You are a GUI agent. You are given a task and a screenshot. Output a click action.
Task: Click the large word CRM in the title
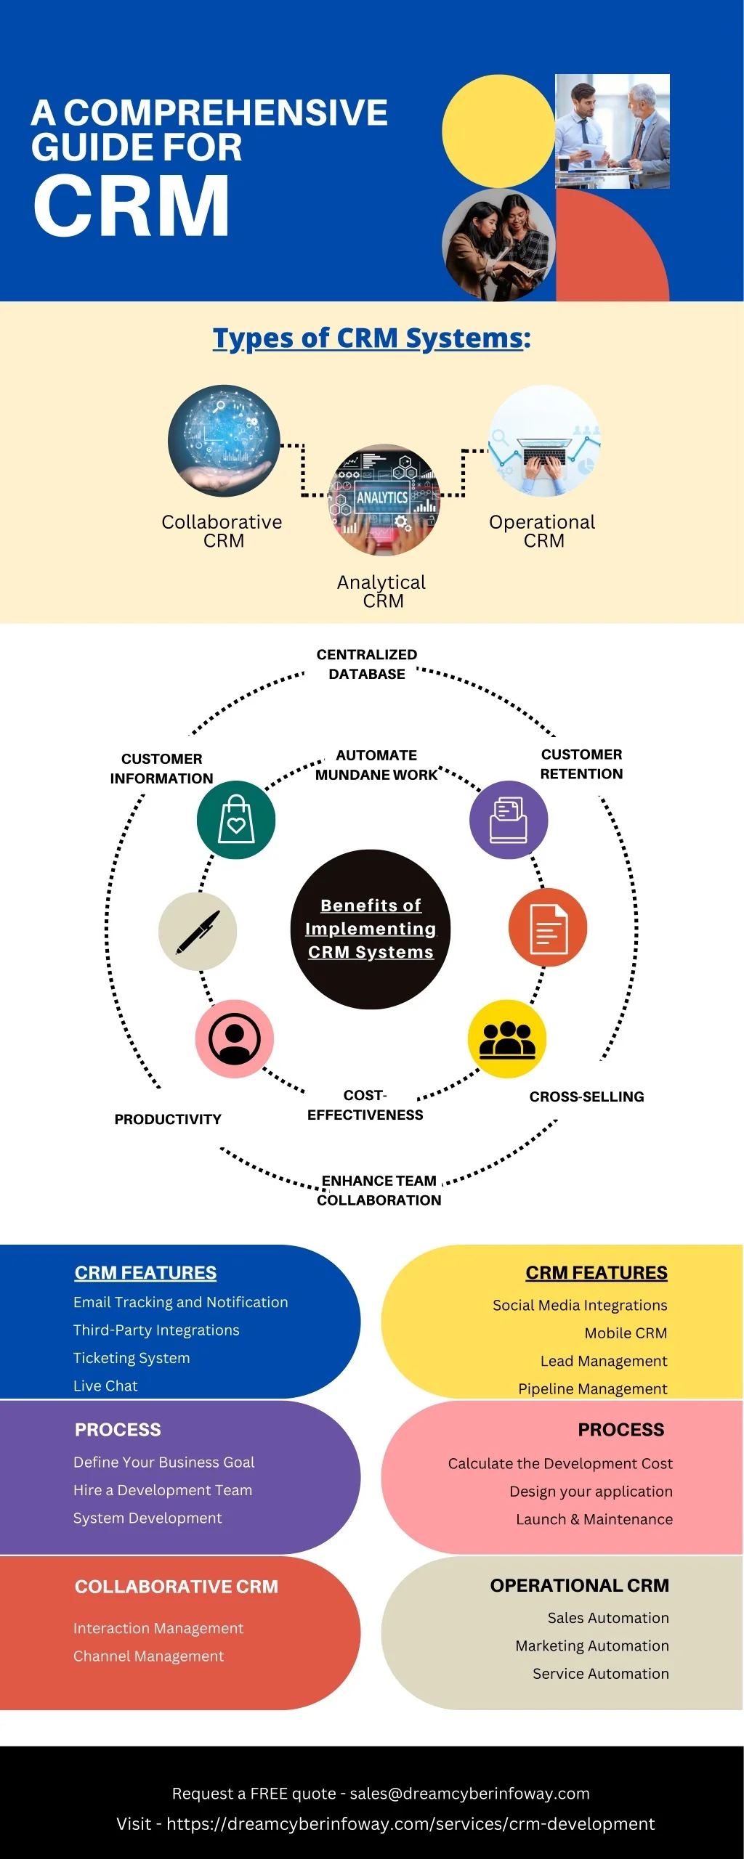pos(132,206)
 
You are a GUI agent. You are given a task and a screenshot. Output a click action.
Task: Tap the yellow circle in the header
pos(498,131)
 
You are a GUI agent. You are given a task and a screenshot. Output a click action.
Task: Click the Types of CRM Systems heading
pos(371,338)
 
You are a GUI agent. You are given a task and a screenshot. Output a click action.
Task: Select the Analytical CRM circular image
pos(384,500)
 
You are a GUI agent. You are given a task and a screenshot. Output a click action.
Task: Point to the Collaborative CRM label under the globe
pos(222,531)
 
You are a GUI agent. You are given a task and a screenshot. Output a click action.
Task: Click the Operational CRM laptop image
pos(544,441)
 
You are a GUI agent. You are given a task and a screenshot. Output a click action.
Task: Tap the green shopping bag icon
pos(236,820)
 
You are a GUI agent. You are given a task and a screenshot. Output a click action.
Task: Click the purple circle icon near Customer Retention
pos(509,820)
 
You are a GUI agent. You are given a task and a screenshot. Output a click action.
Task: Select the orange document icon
pos(548,927)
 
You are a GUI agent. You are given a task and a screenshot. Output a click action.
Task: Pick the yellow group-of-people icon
pos(507,1038)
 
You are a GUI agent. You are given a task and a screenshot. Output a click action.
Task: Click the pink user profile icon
pos(235,1038)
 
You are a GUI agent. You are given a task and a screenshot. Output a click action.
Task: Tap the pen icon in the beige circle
pos(198,932)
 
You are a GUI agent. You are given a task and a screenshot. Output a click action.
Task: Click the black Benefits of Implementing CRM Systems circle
pos(371,929)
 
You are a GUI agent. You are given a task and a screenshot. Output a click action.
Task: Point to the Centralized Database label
pos(367,664)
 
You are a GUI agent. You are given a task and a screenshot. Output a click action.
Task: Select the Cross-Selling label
pos(587,1097)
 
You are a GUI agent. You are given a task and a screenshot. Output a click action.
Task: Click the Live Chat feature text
pos(105,1386)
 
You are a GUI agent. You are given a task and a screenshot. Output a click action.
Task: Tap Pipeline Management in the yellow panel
pos(593,1388)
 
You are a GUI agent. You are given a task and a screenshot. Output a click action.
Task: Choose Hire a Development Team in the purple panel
pos(163,1490)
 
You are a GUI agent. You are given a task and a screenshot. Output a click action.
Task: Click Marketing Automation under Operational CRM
pos(592,1646)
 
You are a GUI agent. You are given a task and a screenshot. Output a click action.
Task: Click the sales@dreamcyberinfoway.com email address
pos(470,1794)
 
